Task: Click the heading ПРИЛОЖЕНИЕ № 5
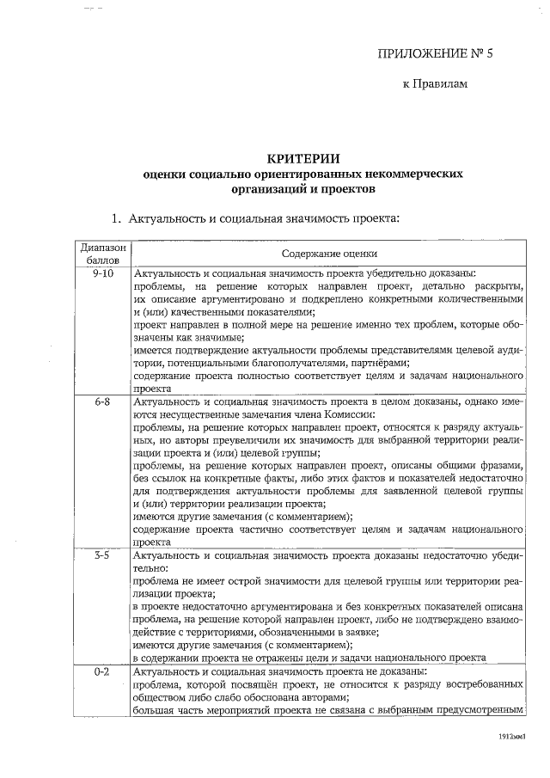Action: point(437,53)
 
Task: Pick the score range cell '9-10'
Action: point(102,272)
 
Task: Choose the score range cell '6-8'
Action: point(102,401)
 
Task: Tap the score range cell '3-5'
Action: point(102,556)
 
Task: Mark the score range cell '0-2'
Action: point(102,671)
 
